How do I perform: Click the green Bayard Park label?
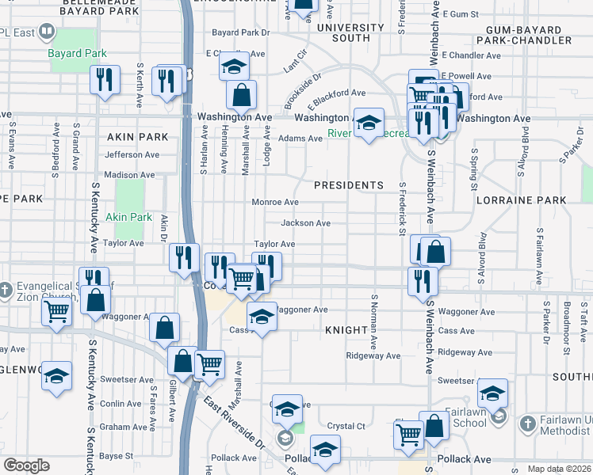[x=77, y=54]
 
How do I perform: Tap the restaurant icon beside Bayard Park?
[x=105, y=80]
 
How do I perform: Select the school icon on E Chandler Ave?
[x=234, y=66]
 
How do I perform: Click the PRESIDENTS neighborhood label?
[x=348, y=185]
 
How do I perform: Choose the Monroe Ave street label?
[x=275, y=203]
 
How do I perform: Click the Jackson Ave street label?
[x=306, y=223]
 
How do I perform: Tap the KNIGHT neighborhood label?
[x=348, y=328]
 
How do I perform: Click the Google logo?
[x=27, y=465]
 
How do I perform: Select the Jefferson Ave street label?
[x=132, y=155]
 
